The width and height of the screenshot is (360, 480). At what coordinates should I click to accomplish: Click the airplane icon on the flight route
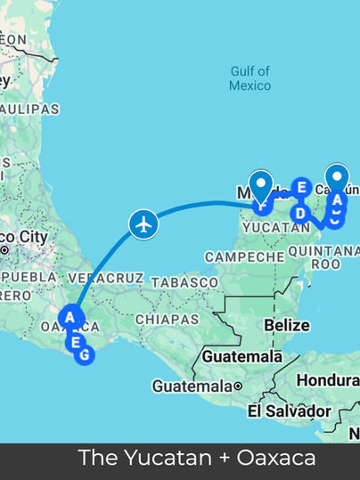tap(143, 223)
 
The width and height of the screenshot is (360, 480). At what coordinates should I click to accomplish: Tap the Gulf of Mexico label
tap(250, 78)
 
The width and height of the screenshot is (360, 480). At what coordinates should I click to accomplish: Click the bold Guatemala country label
tap(234, 355)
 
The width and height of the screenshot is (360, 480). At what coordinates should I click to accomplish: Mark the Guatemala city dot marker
tap(239, 386)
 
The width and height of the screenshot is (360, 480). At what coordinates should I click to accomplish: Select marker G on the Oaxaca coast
tap(85, 355)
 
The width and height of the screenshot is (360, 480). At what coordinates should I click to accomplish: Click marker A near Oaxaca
tap(70, 316)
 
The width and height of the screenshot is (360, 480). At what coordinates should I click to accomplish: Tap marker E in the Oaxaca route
tap(77, 342)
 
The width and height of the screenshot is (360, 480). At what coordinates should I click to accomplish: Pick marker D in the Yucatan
tap(300, 213)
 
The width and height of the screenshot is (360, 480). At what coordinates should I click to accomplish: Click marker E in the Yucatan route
tap(301, 187)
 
